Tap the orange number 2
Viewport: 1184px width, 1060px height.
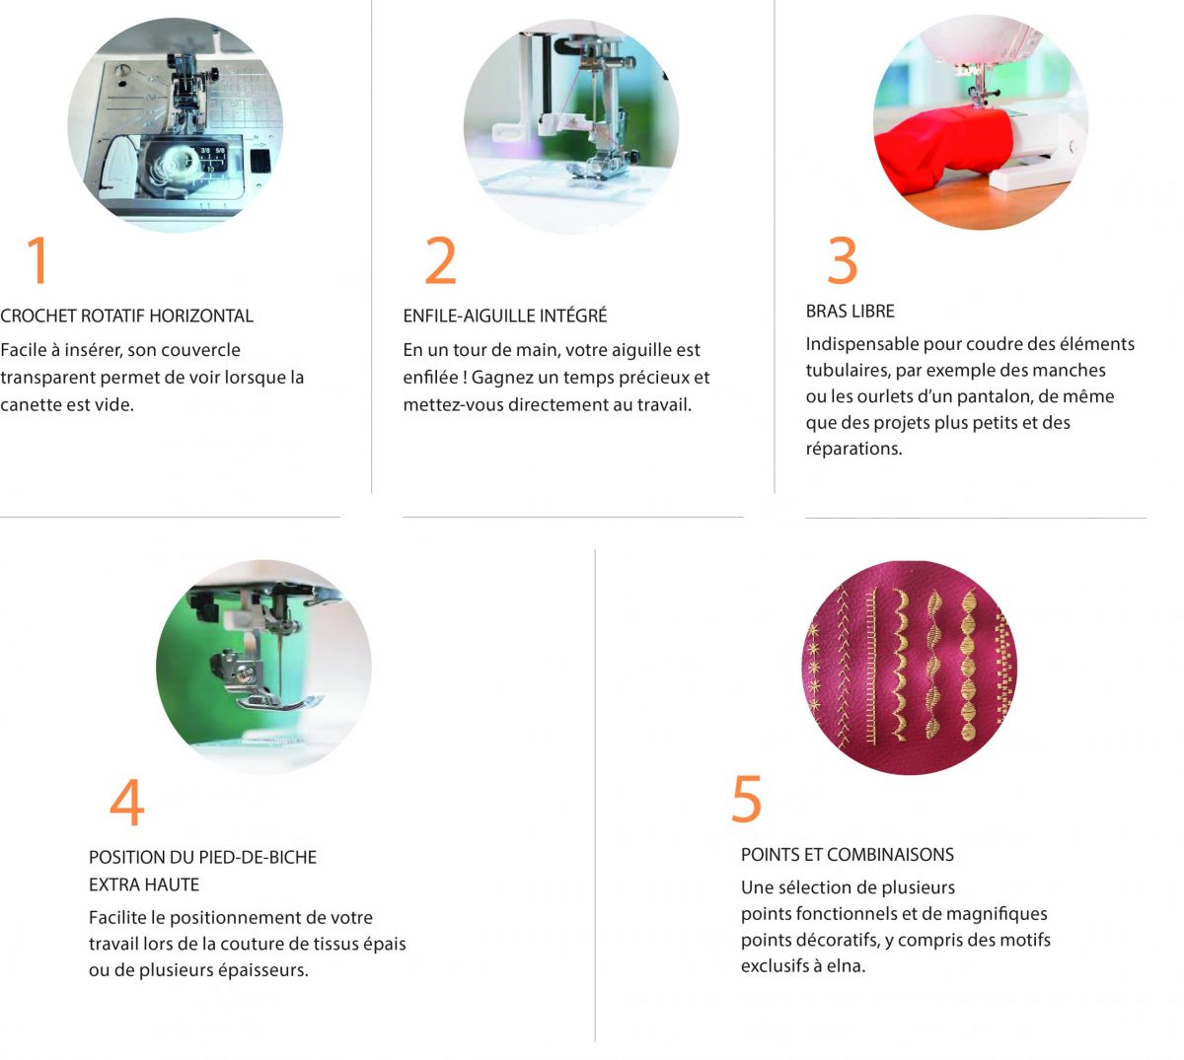tap(441, 260)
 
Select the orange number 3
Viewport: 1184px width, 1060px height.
tap(843, 260)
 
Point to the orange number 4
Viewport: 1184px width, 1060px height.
tap(127, 802)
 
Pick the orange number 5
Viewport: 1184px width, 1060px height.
tap(746, 799)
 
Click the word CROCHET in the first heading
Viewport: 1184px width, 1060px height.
tap(37, 316)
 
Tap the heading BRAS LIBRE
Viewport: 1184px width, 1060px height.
tap(850, 312)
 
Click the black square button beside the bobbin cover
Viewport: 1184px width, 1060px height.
tap(260, 161)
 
